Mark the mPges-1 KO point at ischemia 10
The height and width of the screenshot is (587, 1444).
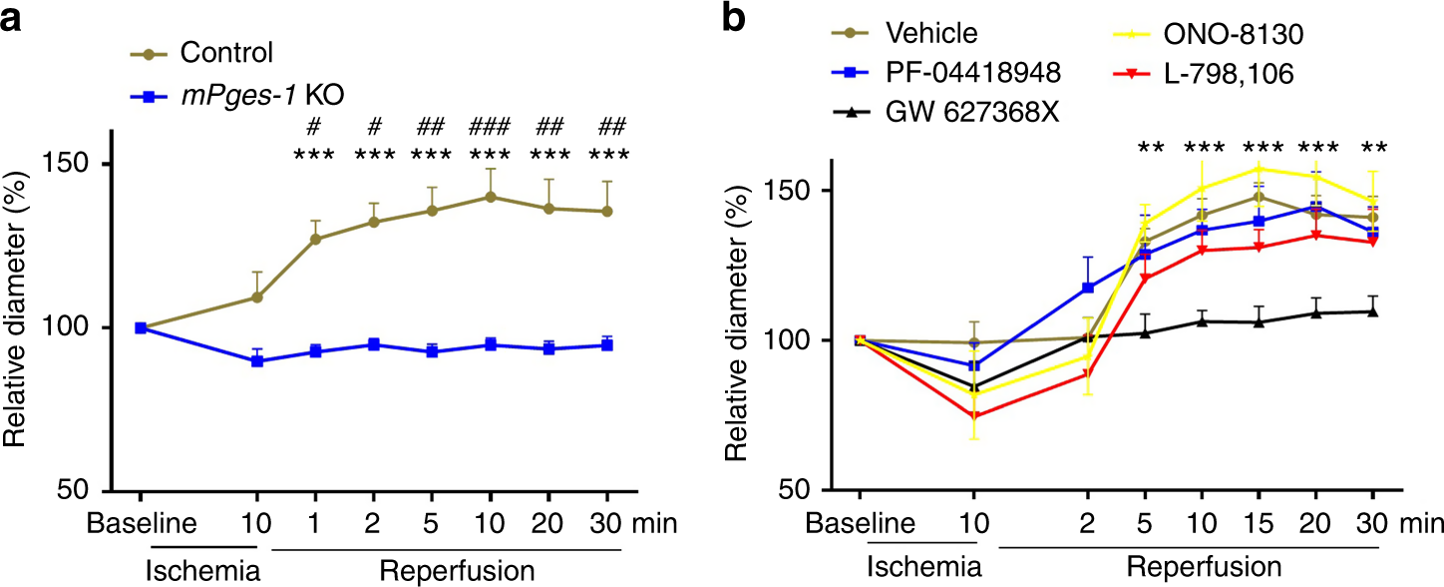point(256,361)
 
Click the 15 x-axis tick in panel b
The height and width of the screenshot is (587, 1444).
point(1259,522)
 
